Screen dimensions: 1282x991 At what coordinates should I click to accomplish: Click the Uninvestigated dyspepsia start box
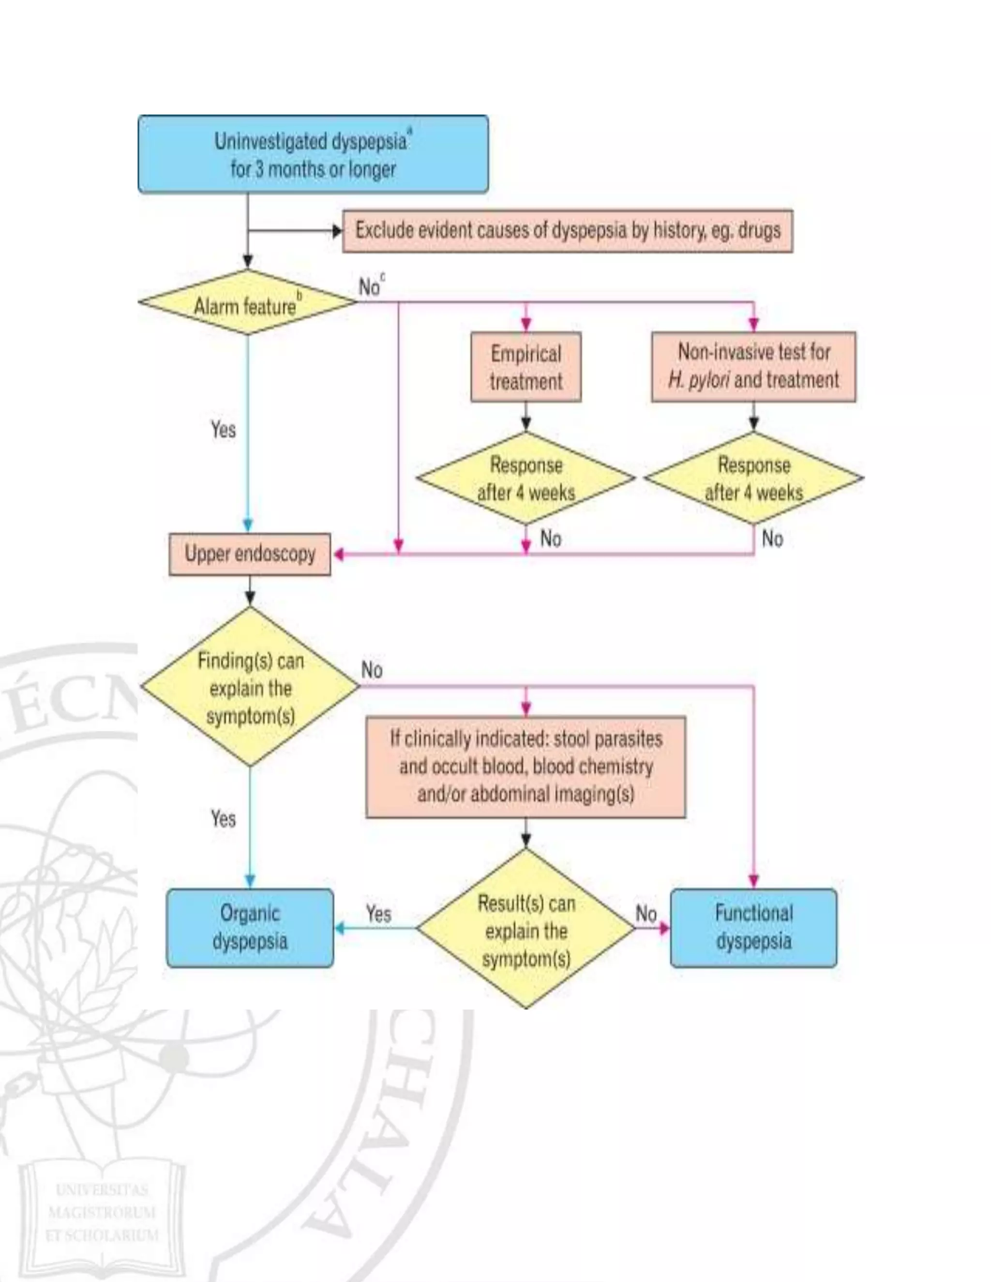313,154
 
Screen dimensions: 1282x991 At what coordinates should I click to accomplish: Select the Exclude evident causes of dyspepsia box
567,231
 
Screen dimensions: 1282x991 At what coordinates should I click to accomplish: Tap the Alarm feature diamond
247,303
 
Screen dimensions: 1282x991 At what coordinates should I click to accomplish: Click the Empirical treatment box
526,367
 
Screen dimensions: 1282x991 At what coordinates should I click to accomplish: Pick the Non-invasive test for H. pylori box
753,366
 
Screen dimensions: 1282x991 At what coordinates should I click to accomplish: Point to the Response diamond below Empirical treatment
526,478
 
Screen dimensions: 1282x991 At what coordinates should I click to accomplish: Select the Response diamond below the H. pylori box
753,478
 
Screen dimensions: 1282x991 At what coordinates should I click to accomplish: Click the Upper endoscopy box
250,554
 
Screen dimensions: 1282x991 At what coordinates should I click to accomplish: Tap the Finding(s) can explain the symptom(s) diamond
250,687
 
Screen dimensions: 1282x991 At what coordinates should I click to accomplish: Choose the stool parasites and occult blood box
526,767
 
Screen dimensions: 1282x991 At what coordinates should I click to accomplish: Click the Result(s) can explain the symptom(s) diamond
526,930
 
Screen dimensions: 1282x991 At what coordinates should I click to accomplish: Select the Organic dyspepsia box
250,927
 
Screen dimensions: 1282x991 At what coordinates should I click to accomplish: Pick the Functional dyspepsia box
753,927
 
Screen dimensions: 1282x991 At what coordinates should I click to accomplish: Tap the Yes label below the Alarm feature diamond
223,430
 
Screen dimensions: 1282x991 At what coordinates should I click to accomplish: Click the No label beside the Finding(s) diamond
372,670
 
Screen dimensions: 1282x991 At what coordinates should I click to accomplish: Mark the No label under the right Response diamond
772,538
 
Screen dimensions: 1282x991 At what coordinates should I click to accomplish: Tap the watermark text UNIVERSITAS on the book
102,1191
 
